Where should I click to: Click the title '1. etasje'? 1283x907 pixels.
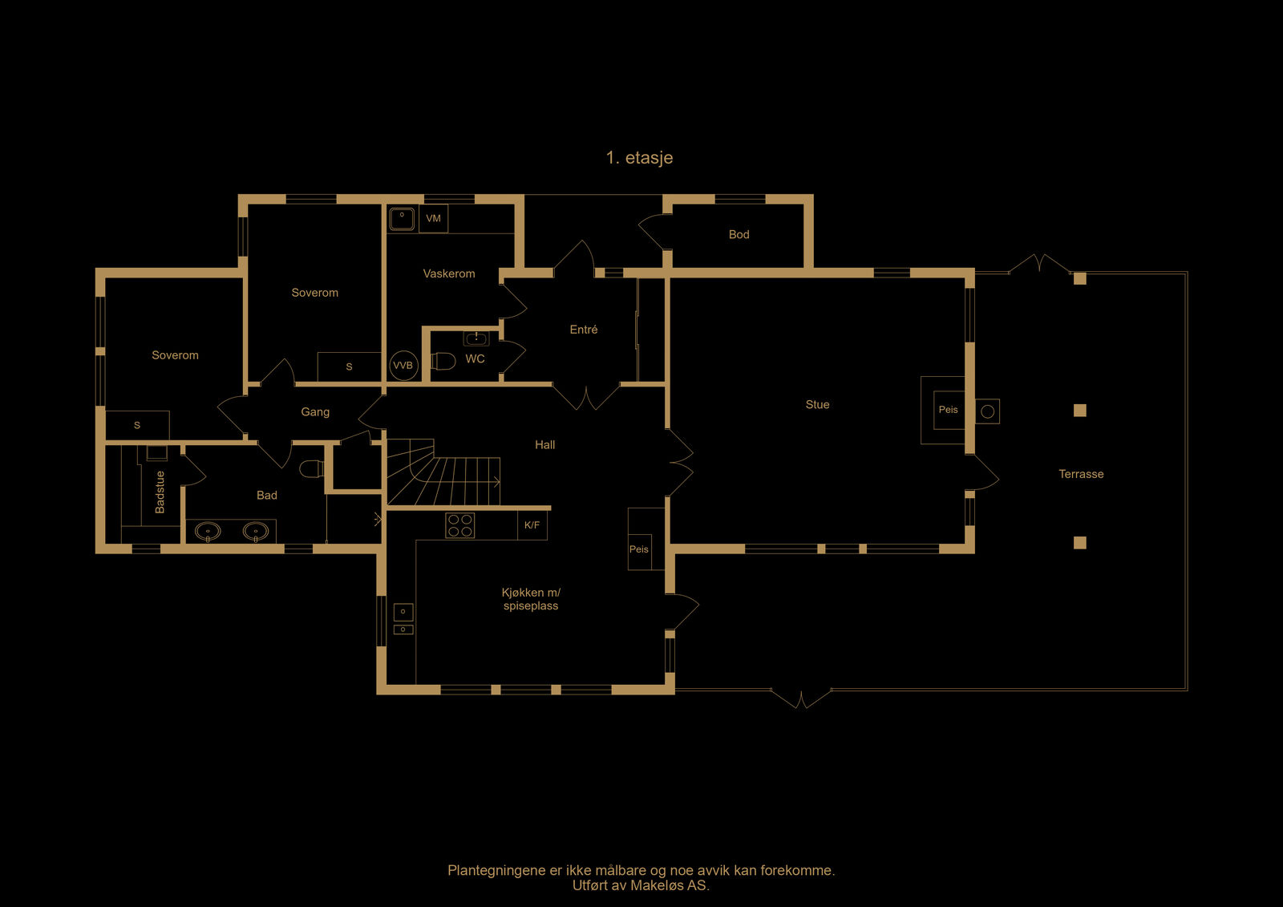[639, 157]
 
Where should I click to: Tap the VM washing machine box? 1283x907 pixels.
[434, 218]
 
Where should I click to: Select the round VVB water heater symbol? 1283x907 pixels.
[403, 366]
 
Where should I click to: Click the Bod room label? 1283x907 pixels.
[739, 234]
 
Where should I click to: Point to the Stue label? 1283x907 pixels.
[817, 404]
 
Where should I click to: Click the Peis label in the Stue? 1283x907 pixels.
[948, 410]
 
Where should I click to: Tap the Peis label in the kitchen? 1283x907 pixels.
[638, 549]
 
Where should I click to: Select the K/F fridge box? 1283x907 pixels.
[532, 524]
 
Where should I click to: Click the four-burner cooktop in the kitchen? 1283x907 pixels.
[460, 525]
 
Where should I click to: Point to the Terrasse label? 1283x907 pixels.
[1081, 474]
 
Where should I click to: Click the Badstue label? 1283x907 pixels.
[160, 492]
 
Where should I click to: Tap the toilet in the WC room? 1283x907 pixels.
[443, 362]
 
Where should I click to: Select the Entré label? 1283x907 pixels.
[584, 330]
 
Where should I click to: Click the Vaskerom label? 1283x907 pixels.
[449, 274]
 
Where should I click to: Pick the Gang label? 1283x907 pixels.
[315, 412]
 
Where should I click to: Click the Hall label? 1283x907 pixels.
[544, 444]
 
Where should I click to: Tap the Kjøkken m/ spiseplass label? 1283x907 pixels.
[531, 599]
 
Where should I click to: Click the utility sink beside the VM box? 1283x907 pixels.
[402, 218]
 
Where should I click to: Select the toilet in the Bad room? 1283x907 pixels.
[312, 468]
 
